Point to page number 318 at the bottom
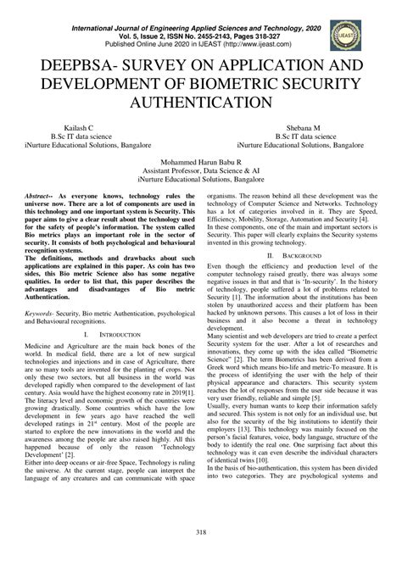click(x=201, y=555)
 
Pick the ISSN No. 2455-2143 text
click(x=196, y=17)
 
